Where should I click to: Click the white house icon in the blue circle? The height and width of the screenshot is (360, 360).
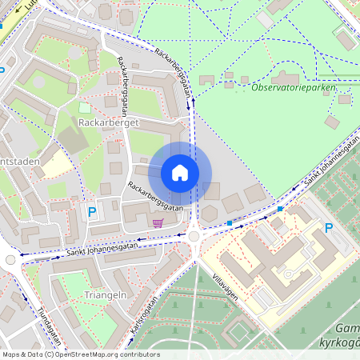pyautogui.click(x=180, y=173)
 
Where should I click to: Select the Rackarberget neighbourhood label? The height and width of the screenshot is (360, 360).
pyautogui.click(x=110, y=123)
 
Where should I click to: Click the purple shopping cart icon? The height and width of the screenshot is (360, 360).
pyautogui.click(x=158, y=223)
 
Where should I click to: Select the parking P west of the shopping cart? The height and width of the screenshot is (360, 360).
pyautogui.click(x=92, y=212)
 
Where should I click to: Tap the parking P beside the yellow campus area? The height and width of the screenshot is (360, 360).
pyautogui.click(x=328, y=228)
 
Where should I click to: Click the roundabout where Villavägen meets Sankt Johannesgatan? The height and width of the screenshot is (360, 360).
pyautogui.click(x=194, y=236)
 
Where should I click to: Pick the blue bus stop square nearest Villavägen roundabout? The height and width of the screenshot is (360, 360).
pyautogui.click(x=230, y=222)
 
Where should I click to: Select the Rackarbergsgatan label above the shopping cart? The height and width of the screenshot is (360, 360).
pyautogui.click(x=154, y=196)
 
